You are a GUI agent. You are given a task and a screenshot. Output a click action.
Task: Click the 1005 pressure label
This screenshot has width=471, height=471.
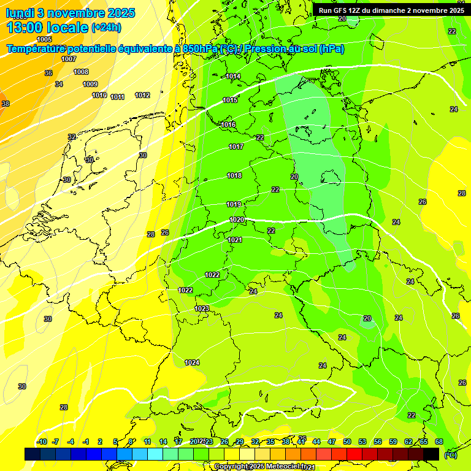(44, 39)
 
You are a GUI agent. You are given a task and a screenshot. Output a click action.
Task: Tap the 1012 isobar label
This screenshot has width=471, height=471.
(142, 95)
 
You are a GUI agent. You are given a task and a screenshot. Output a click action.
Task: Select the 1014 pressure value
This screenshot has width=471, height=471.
(233, 76)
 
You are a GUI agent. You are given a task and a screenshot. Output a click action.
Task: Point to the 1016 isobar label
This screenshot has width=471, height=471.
(228, 124)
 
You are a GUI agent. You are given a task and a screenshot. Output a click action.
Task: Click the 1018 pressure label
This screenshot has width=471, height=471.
(234, 175)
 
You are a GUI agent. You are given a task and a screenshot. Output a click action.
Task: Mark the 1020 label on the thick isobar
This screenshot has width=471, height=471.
(237, 220)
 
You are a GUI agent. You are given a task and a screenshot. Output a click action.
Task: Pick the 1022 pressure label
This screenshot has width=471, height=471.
(212, 275)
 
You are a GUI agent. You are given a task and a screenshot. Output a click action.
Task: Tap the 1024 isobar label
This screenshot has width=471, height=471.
(192, 362)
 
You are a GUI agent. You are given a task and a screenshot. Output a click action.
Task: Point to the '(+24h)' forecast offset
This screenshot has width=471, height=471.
(106, 28)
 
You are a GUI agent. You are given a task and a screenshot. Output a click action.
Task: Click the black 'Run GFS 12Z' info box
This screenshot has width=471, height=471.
(391, 10)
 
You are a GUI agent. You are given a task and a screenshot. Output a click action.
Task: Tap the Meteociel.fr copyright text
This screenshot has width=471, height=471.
(261, 467)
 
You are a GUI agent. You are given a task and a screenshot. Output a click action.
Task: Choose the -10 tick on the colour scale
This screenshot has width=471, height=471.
(42, 442)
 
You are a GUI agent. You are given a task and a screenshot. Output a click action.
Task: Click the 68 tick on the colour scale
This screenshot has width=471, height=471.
(439, 442)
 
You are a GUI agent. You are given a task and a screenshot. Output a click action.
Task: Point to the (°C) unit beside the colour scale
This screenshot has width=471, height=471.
(450, 455)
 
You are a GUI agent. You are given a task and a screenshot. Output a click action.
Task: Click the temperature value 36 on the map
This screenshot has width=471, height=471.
(48, 73)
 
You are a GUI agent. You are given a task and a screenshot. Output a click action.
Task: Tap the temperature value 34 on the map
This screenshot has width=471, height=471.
(59, 84)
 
